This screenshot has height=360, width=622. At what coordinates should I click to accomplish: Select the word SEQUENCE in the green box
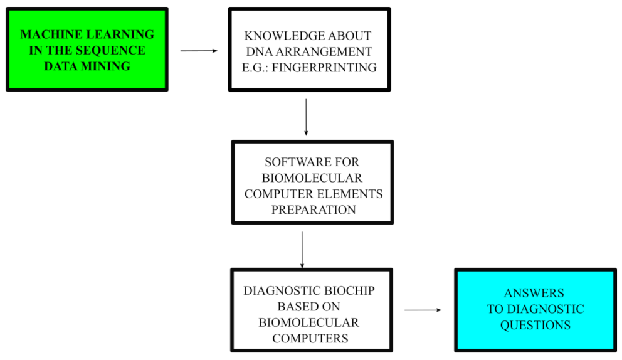pyautogui.click(x=113, y=50)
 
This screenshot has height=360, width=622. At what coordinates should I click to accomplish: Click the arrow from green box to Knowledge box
pyautogui.click(x=199, y=50)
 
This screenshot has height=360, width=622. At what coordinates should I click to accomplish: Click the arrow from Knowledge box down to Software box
pyautogui.click(x=306, y=117)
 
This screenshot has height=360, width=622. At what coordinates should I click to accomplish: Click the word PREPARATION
pyautogui.click(x=313, y=209)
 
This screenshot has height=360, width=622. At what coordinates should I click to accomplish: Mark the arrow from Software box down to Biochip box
pyautogui.click(x=302, y=249)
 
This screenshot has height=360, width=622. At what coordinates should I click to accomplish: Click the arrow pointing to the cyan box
pyautogui.click(x=424, y=310)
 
